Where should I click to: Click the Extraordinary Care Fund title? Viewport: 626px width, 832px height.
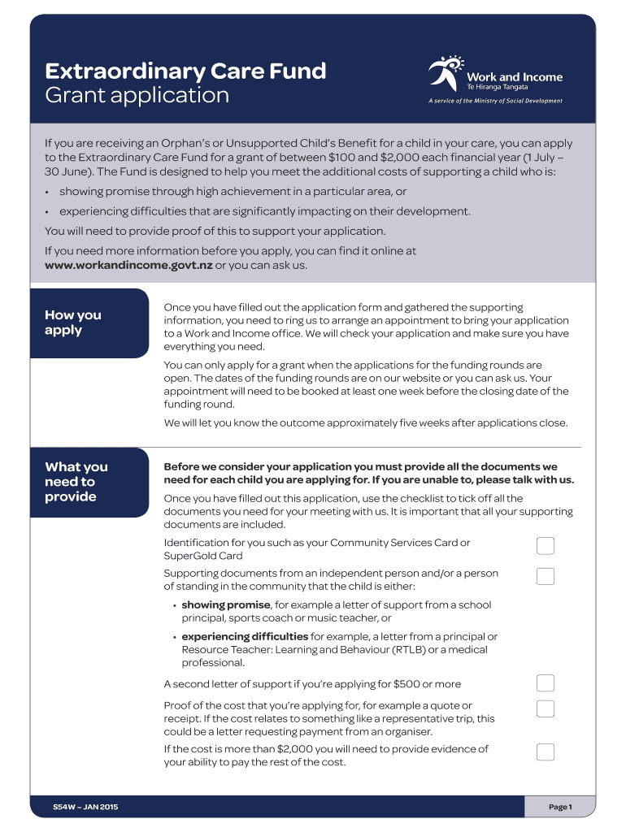[x=185, y=71]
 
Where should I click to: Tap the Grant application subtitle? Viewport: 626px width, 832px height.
[x=137, y=96]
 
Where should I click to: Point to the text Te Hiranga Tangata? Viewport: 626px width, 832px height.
[x=498, y=87]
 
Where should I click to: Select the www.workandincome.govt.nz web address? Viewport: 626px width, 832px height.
[x=128, y=265]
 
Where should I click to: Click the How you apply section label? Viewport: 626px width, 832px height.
[x=73, y=323]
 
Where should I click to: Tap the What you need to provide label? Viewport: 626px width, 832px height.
[x=76, y=481]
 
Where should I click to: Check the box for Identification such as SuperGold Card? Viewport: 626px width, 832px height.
[x=546, y=545]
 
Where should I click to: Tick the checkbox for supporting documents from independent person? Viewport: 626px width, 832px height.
[x=546, y=576]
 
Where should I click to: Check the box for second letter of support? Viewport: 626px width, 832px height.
[x=546, y=682]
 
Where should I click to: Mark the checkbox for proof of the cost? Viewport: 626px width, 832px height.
[x=546, y=708]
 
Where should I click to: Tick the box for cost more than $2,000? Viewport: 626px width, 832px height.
[x=546, y=752]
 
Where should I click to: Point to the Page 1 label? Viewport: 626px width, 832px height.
[x=560, y=807]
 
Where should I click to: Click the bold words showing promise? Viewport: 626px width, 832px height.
[x=226, y=605]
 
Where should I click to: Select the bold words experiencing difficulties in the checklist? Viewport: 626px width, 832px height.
[x=245, y=637]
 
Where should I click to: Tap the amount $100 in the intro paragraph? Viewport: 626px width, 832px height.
[x=343, y=158]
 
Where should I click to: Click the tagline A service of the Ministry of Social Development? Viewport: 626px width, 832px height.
[x=495, y=101]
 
